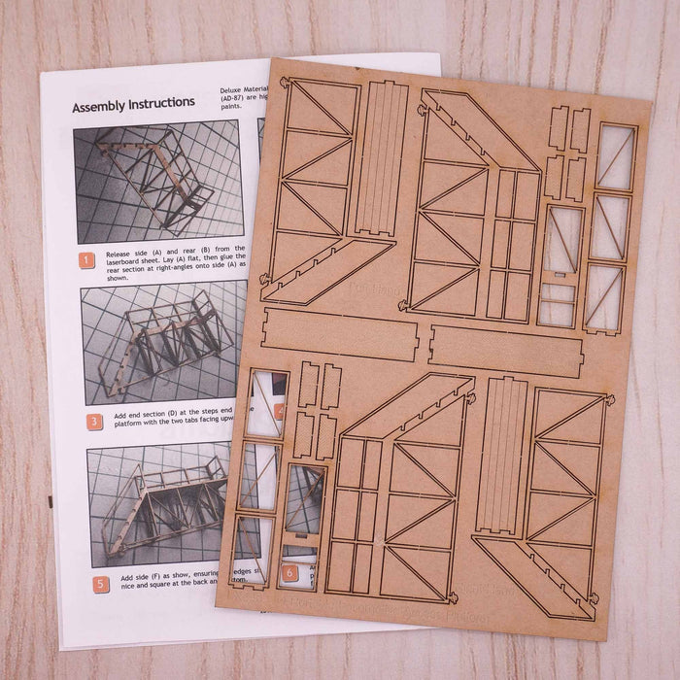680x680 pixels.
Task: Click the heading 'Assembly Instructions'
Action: point(133,104)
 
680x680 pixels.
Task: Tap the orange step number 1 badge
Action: point(87,260)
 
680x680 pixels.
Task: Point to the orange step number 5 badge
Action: point(101,584)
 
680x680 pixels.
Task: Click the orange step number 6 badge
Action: point(288,573)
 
